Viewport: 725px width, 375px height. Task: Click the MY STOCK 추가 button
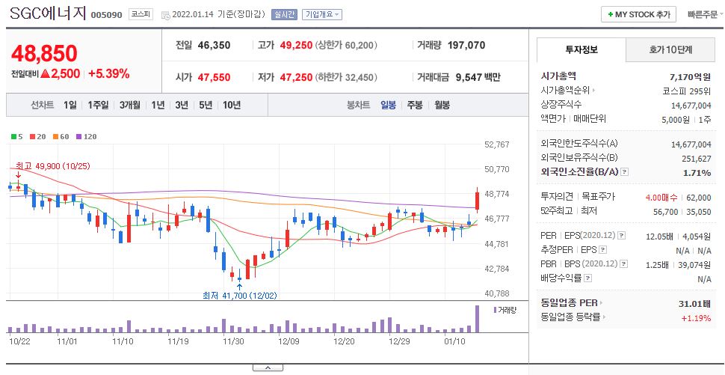coord(638,14)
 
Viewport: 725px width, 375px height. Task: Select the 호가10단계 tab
coord(670,50)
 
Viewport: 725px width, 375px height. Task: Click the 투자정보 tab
coord(580,50)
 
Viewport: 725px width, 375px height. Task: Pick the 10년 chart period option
coord(231,105)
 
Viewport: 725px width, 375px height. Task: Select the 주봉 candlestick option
coord(415,105)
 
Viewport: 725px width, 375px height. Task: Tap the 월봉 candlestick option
coord(442,105)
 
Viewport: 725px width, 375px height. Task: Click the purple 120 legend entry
coord(88,136)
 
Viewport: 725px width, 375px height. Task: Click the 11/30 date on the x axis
coord(233,341)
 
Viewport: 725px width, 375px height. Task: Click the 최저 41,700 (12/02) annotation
coord(239,296)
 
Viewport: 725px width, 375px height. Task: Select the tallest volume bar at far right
coord(476,319)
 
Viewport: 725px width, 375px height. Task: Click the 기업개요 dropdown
coord(322,14)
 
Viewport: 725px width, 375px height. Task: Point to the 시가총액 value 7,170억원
coord(691,76)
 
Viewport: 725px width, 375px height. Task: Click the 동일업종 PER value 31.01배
coord(692,303)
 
